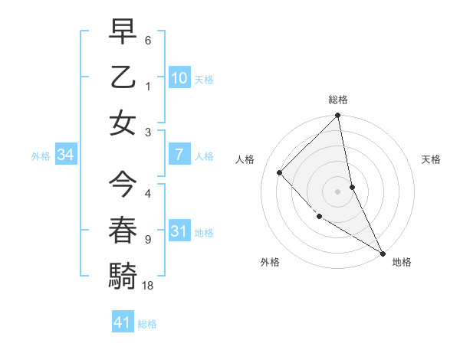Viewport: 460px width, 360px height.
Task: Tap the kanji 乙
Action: pos(123,77)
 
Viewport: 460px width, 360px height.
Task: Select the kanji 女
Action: pos(123,123)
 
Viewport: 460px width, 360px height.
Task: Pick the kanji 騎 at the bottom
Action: pos(123,274)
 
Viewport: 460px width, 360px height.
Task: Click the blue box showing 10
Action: pos(179,77)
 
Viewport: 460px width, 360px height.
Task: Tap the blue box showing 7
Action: pos(179,154)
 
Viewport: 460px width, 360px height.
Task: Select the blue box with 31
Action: pos(179,231)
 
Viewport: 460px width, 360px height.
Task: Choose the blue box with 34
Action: pos(65,154)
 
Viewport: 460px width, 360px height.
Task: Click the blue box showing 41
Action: pos(123,322)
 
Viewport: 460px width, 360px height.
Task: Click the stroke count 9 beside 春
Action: pos(147,239)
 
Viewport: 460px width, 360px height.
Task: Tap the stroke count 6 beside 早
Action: pos(147,40)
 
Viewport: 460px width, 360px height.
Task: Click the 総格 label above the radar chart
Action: pos(338,100)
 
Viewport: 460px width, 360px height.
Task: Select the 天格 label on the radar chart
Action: pos(431,159)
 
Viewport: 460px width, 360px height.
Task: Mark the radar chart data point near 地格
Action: pos(383,252)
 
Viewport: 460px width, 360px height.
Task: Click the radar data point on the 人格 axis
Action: pos(280,172)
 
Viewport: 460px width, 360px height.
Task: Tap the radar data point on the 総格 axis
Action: pos(338,116)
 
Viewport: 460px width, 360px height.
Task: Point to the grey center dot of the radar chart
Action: pos(338,191)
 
